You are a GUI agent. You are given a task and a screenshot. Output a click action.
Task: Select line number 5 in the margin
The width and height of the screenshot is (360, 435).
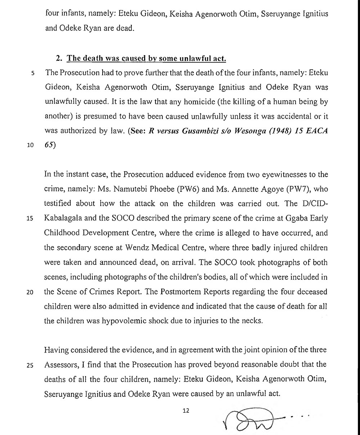click(33, 73)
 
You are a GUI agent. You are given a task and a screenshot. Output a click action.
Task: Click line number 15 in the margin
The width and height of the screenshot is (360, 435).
click(31, 219)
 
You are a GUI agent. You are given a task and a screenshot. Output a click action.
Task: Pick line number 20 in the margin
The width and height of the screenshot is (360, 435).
click(31, 293)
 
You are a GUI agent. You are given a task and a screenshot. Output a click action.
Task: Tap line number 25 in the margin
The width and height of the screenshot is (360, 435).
click(31, 365)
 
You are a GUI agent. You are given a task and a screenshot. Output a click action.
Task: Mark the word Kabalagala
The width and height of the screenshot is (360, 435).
click(62, 219)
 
